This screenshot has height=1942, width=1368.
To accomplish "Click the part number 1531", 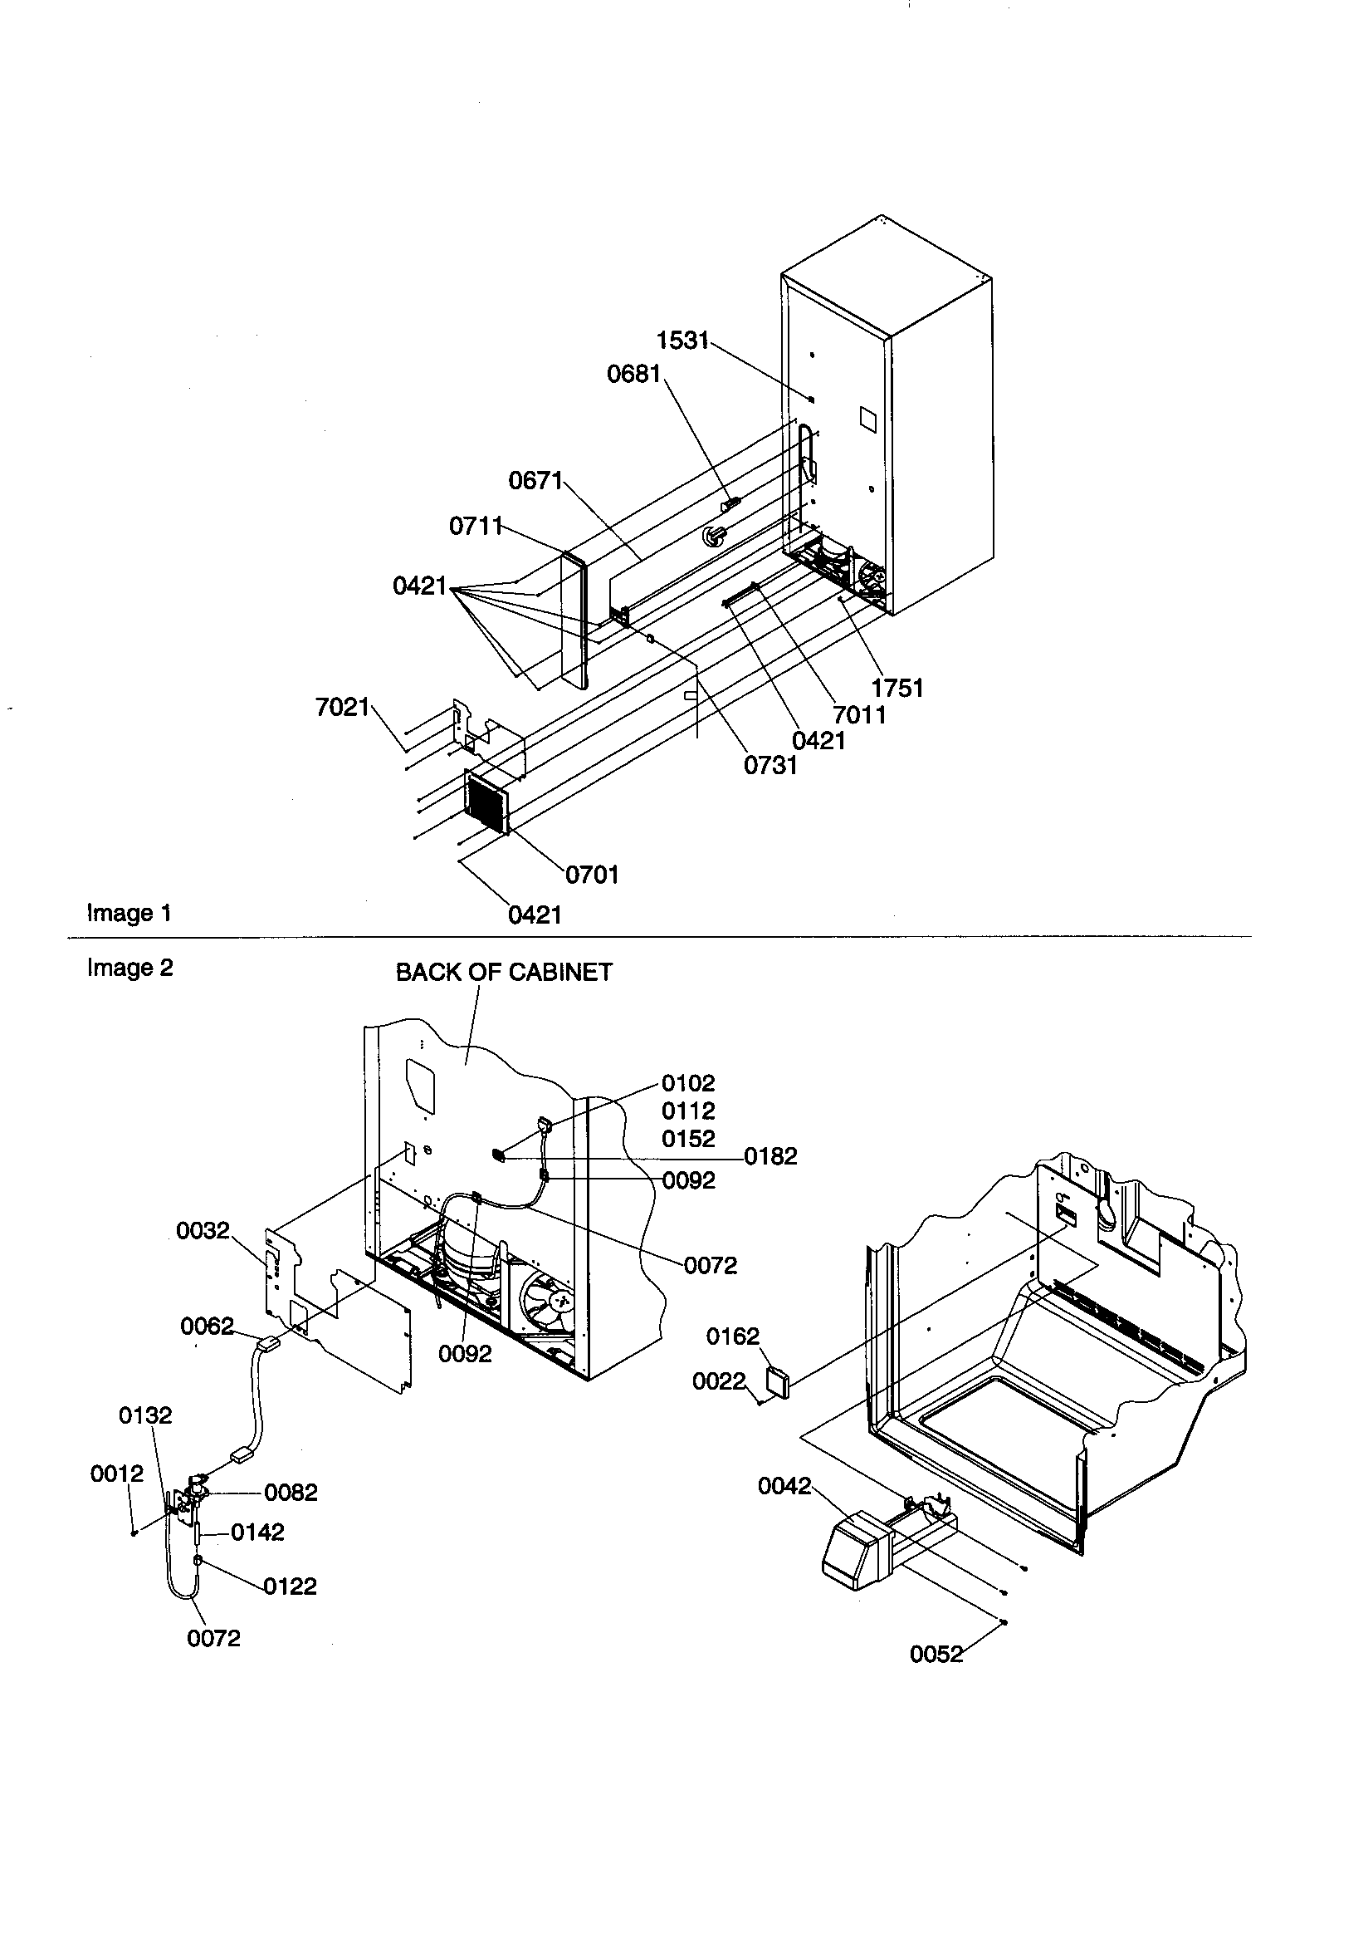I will (682, 340).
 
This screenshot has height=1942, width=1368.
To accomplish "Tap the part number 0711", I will (475, 526).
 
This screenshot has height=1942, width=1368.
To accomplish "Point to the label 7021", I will (343, 707).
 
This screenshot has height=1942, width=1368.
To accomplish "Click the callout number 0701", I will (592, 875).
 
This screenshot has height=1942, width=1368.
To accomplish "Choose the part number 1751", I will (897, 688).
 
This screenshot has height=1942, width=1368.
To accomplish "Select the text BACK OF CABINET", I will (504, 973).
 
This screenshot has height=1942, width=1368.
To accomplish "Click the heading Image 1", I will (129, 914).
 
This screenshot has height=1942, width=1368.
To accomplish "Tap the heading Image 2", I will (129, 968).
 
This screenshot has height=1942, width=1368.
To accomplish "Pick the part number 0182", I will (770, 1156).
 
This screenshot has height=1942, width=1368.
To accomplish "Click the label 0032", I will (203, 1231).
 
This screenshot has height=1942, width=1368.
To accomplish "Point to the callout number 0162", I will (732, 1336).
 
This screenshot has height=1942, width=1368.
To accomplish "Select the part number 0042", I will (784, 1486).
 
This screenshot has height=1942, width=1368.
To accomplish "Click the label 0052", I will (936, 1655).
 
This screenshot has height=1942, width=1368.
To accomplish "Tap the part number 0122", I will (290, 1586).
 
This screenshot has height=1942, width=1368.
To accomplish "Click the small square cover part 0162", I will (776, 1381).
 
